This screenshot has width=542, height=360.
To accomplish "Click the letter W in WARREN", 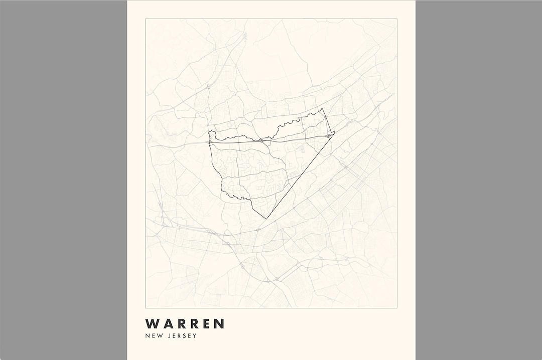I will click(152, 324).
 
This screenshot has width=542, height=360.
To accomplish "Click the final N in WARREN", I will click(219, 324).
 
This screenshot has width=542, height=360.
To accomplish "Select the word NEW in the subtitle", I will click(153, 336).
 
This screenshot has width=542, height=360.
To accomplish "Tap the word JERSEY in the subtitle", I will click(181, 336).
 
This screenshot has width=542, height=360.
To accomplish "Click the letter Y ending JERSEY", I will click(195, 336).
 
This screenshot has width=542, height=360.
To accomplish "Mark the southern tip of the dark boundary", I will click(266, 219).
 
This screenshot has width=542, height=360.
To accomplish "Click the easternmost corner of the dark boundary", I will click(334, 132).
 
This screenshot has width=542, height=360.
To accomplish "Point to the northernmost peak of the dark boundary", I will click(323, 108).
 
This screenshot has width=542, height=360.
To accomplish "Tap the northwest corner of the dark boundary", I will click(209, 131).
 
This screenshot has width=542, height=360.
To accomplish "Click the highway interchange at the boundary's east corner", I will click(329, 135).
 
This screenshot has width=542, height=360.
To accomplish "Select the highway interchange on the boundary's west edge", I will click(210, 142).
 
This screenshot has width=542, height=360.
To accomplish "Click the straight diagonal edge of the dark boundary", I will click(300, 175).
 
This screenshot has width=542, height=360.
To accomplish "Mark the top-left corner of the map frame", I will click(146, 19).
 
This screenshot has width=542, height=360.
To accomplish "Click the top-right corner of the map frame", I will click(397, 19).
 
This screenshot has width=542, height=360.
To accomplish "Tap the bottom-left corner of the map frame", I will click(146, 307).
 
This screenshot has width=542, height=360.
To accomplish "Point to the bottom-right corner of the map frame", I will click(397, 307).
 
